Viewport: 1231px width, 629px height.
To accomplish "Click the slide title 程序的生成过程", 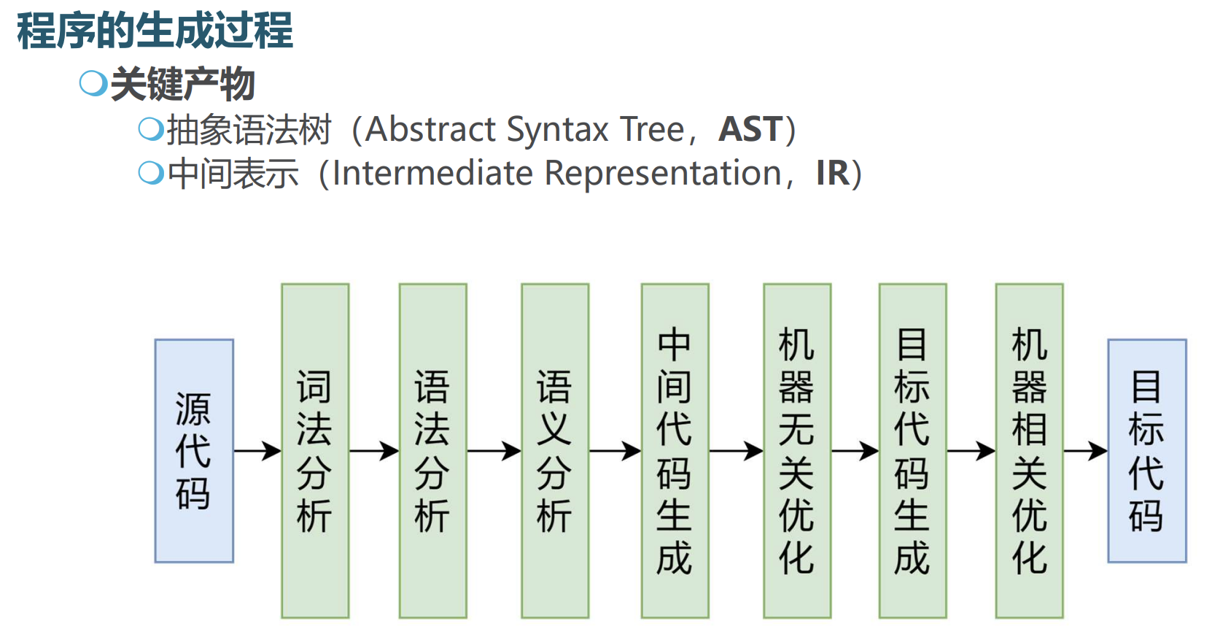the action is click(155, 31).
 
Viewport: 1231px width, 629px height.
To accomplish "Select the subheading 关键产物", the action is click(182, 84).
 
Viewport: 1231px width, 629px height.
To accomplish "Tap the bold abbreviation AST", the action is click(750, 130).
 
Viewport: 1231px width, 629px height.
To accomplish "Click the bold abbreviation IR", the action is click(833, 174).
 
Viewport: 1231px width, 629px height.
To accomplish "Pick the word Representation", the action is click(663, 174).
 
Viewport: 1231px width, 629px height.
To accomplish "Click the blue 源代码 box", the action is click(194, 451).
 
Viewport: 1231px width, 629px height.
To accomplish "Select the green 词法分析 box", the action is click(315, 451).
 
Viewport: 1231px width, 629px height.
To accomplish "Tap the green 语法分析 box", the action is click(432, 451).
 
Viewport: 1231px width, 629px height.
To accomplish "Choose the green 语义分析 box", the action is click(555, 451).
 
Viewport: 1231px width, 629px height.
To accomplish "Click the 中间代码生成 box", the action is click(675, 451).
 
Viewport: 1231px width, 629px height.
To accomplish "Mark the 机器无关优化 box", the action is click(797, 451).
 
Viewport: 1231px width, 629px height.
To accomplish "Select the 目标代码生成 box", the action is click(912, 451).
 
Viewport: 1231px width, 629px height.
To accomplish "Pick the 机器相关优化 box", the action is click(1029, 451).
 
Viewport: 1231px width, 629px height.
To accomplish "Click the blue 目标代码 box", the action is click(1147, 451).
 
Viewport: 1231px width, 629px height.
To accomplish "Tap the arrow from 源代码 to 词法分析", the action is click(257, 452).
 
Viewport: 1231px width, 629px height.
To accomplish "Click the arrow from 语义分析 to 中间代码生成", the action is click(615, 452).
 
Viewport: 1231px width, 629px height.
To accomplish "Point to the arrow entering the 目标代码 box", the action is click(1085, 452).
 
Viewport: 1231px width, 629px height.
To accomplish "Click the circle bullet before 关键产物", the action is click(93, 83).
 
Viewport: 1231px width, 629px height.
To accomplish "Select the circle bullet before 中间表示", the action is click(150, 173).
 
